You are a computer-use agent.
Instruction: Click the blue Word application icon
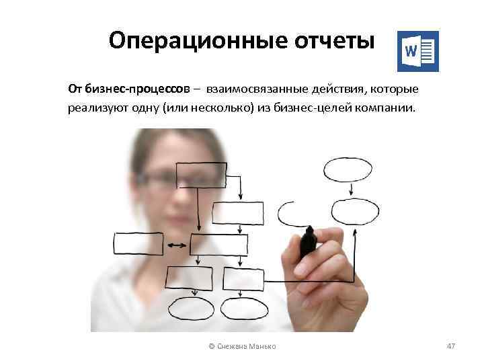tap(417, 51)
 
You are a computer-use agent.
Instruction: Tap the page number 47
tap(451, 346)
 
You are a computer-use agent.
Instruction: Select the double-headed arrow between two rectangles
tap(177, 245)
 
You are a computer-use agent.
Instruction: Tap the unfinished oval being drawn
tap(293, 214)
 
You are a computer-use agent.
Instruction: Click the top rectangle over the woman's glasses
tap(200, 175)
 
